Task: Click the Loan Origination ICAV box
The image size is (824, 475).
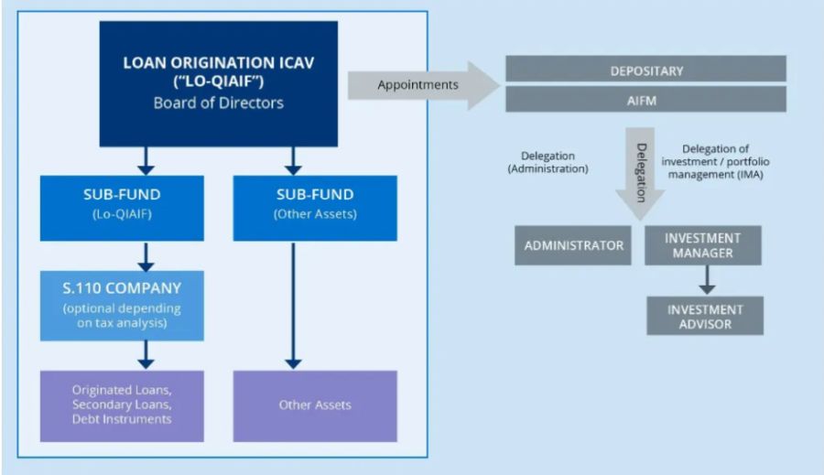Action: coord(218,83)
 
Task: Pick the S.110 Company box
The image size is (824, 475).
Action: coord(122,306)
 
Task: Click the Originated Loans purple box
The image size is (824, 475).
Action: coord(122,405)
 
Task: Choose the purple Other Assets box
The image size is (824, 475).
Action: coord(315,405)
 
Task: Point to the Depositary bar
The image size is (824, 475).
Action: coord(646,70)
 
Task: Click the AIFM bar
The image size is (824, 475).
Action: coord(646,100)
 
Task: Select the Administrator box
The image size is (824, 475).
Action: coord(573,245)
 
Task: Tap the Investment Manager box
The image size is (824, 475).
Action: coord(702,245)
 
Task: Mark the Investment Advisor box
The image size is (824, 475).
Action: coord(705,317)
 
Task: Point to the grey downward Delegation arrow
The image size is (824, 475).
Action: coord(641,169)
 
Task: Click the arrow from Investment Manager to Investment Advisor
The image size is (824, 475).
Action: coord(705,278)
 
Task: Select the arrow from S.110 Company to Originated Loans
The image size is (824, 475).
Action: coord(144,354)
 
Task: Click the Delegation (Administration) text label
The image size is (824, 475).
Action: coord(548,162)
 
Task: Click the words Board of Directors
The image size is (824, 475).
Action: coord(218,103)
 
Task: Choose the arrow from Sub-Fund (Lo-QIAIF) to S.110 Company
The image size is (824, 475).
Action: coord(144,255)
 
